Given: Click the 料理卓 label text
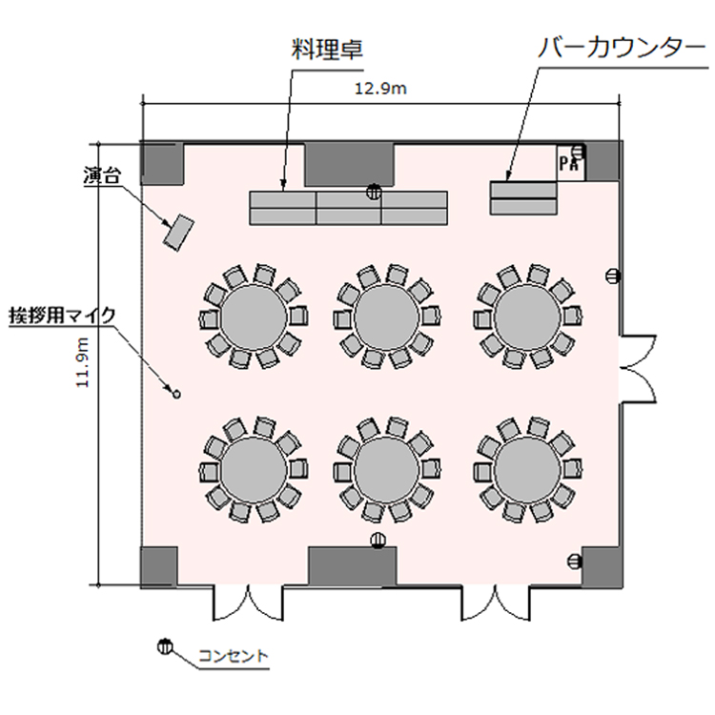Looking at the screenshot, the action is coord(327,50).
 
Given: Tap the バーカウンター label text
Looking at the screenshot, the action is coord(622,49).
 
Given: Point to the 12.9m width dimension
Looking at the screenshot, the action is coord(380,89).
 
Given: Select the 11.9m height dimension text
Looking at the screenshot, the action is coord(83,362).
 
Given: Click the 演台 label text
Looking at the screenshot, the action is coord(101,175).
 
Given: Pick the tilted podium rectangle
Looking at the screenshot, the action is coord(179,233).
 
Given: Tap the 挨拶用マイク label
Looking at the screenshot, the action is coord(63,316).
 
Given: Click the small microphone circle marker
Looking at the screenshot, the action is coord(176,395).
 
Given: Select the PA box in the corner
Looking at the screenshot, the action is coord(570,163).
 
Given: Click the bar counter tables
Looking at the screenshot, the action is coord(523,198).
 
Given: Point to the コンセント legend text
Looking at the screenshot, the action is coord(233,656).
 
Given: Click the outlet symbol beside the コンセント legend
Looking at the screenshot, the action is coord(165,646).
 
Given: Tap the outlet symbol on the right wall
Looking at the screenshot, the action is coord(613,276).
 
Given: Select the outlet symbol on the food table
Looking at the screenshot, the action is coord(374,192).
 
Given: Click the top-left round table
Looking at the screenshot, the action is coord(254,316).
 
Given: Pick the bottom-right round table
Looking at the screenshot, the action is coord(527,469).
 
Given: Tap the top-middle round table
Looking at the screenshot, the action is coord(387,316).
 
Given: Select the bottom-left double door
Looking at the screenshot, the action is coord(248,603).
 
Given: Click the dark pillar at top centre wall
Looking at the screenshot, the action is coord(349,165).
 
